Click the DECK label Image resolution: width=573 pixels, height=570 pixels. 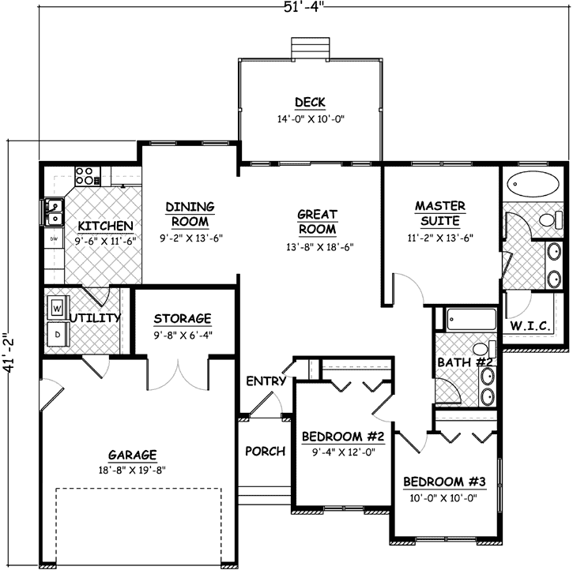[310, 102]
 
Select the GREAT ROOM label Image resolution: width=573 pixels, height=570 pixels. [317, 222]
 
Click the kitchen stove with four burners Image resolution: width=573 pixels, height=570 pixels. [85, 174]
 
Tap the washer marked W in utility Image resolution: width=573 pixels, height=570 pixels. [56, 306]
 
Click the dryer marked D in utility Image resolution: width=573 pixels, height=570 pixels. [56, 334]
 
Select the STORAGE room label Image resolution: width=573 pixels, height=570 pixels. [183, 319]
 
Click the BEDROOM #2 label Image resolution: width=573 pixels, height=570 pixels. [343, 437]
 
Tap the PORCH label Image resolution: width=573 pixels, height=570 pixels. [265, 452]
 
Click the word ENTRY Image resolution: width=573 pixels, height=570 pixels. [266, 381]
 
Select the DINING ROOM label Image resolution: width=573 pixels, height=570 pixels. [190, 215]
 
